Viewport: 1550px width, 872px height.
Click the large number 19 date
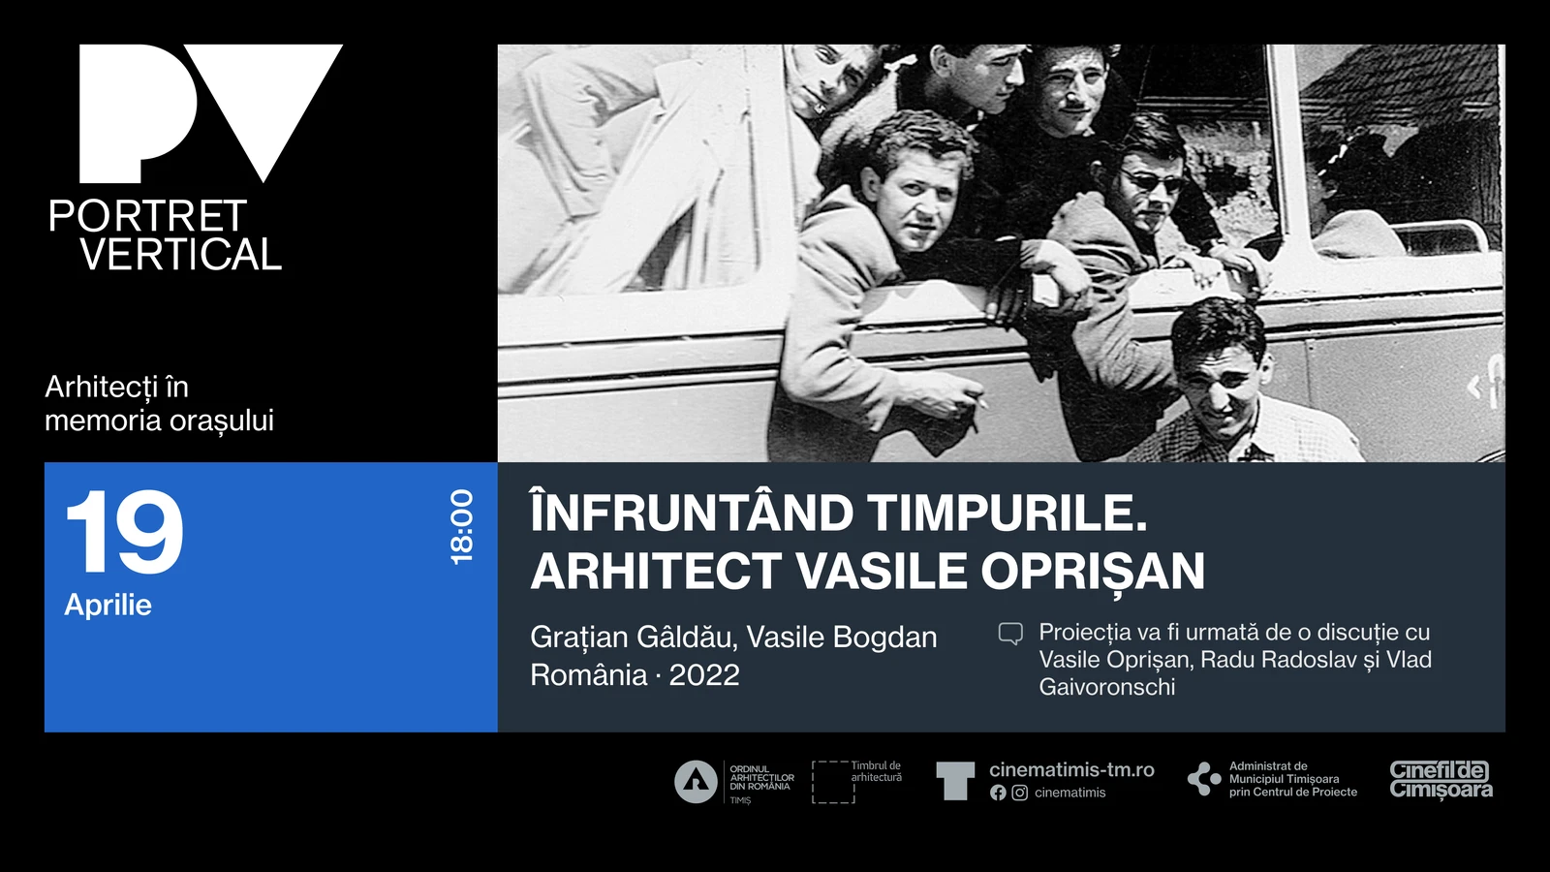(x=125, y=532)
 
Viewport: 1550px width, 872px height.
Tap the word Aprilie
(x=108, y=606)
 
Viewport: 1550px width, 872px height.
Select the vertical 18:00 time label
(x=461, y=527)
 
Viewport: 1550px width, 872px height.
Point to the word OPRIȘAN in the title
(x=1093, y=571)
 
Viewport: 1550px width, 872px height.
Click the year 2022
(x=704, y=674)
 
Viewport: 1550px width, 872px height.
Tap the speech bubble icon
(x=1010, y=634)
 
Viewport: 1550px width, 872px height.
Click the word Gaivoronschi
(x=1107, y=687)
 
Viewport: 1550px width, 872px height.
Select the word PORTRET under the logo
(x=147, y=216)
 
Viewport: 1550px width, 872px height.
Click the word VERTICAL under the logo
(x=181, y=254)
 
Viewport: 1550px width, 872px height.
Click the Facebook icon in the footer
(x=998, y=794)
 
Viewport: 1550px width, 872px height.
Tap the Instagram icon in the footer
(x=1019, y=794)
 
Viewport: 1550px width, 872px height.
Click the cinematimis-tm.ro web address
(x=1071, y=769)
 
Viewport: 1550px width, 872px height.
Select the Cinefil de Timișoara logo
(x=1441, y=780)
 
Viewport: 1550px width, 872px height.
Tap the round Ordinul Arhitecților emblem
(x=696, y=782)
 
